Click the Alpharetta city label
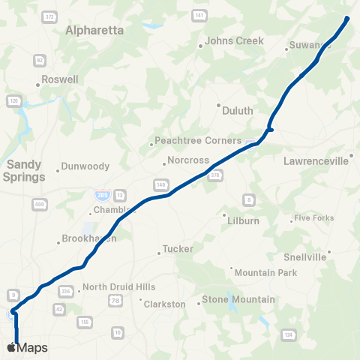click(99, 31)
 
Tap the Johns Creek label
click(234, 40)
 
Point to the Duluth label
click(238, 110)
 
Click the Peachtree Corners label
click(198, 141)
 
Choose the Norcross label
click(187, 160)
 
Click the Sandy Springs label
click(25, 170)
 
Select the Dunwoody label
click(85, 166)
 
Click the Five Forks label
click(313, 218)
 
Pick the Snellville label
click(305, 257)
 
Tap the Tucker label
click(178, 249)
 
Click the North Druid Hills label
click(118, 287)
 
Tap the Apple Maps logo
click(27, 347)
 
